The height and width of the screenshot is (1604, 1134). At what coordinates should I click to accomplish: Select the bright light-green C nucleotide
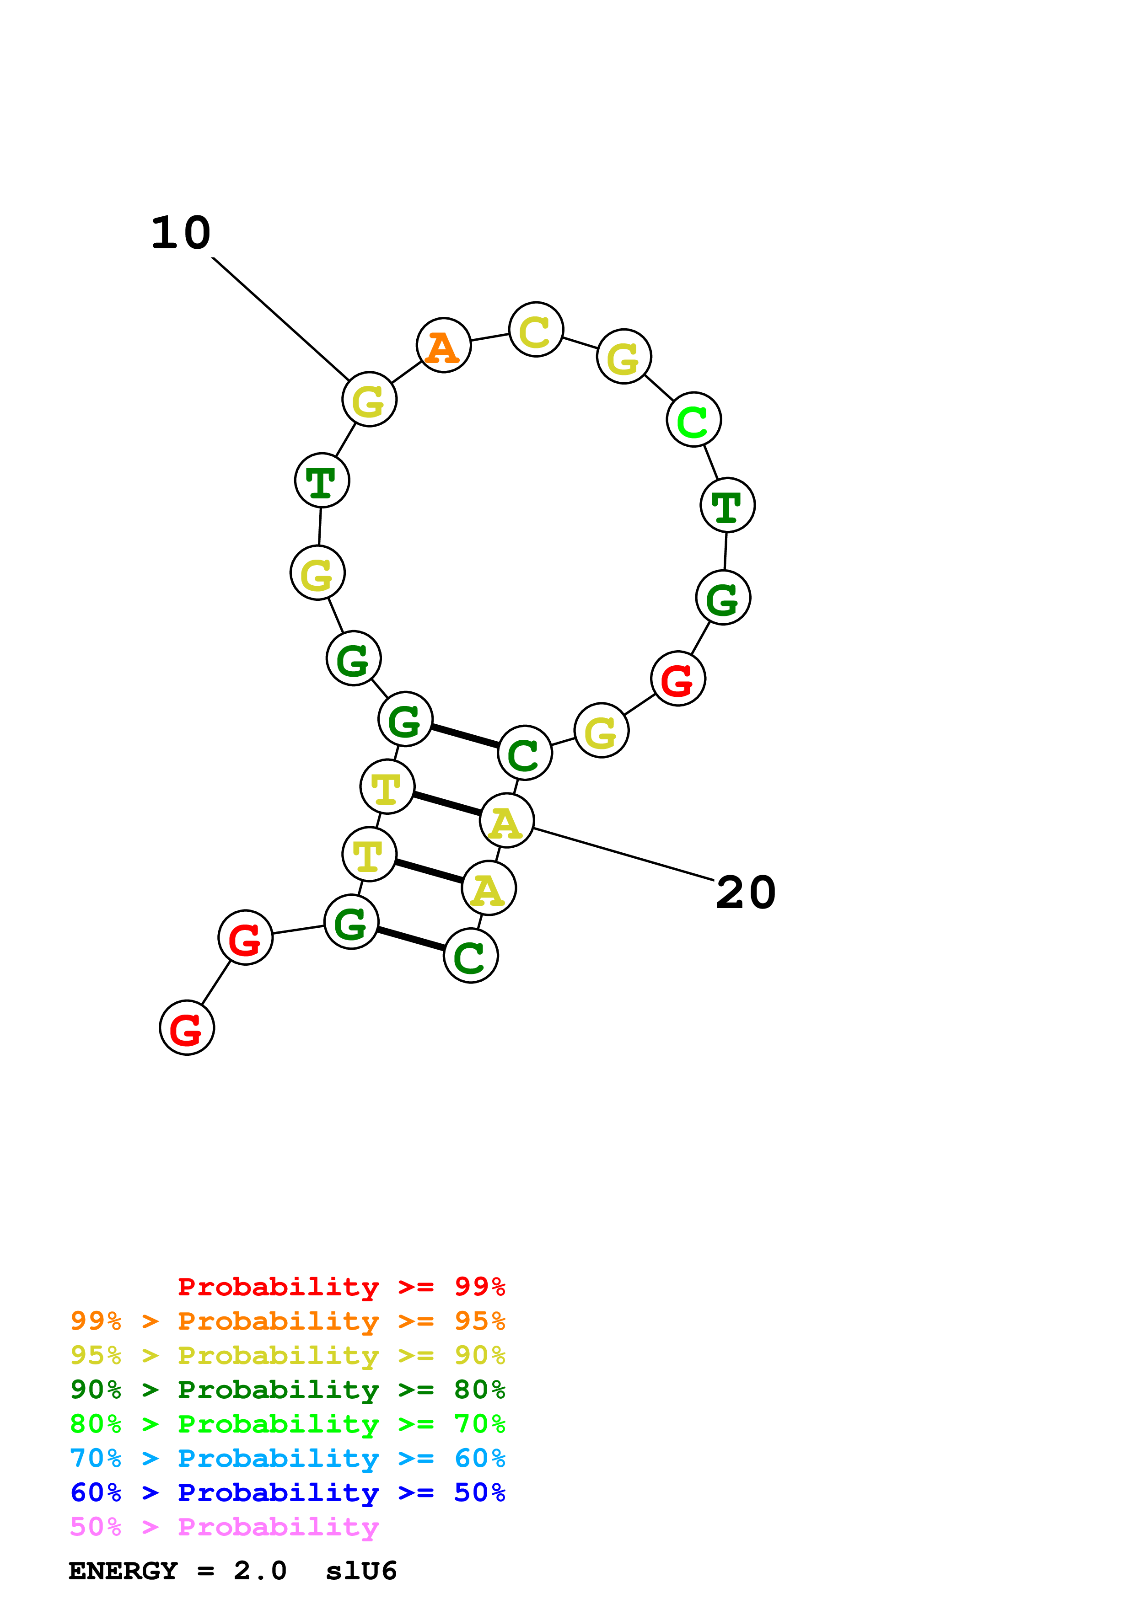click(693, 420)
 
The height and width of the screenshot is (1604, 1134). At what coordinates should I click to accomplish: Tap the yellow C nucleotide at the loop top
click(536, 330)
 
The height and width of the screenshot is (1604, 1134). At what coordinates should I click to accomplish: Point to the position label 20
click(746, 893)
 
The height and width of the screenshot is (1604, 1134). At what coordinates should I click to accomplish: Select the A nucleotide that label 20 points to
click(506, 820)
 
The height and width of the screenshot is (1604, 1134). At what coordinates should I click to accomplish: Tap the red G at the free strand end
click(187, 1028)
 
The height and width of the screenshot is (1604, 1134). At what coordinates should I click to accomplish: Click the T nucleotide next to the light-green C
click(727, 505)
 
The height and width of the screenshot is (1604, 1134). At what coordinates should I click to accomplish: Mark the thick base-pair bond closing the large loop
click(465, 736)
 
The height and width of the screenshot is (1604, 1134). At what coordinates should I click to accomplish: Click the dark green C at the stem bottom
click(471, 956)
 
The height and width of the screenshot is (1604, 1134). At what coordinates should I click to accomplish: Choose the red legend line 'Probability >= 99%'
click(341, 1287)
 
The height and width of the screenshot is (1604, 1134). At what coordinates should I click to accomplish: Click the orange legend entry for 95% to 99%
click(287, 1321)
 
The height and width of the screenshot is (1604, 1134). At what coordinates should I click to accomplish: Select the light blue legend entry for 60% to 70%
click(287, 1458)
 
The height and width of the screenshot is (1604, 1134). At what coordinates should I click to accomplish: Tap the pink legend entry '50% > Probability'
click(224, 1526)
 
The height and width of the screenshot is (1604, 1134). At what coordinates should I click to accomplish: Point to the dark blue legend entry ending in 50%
click(287, 1492)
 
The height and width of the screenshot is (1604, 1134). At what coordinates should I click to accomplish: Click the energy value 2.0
click(260, 1571)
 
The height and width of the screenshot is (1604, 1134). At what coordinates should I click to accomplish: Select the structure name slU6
click(361, 1571)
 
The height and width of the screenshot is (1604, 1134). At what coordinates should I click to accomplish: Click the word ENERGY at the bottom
click(123, 1571)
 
